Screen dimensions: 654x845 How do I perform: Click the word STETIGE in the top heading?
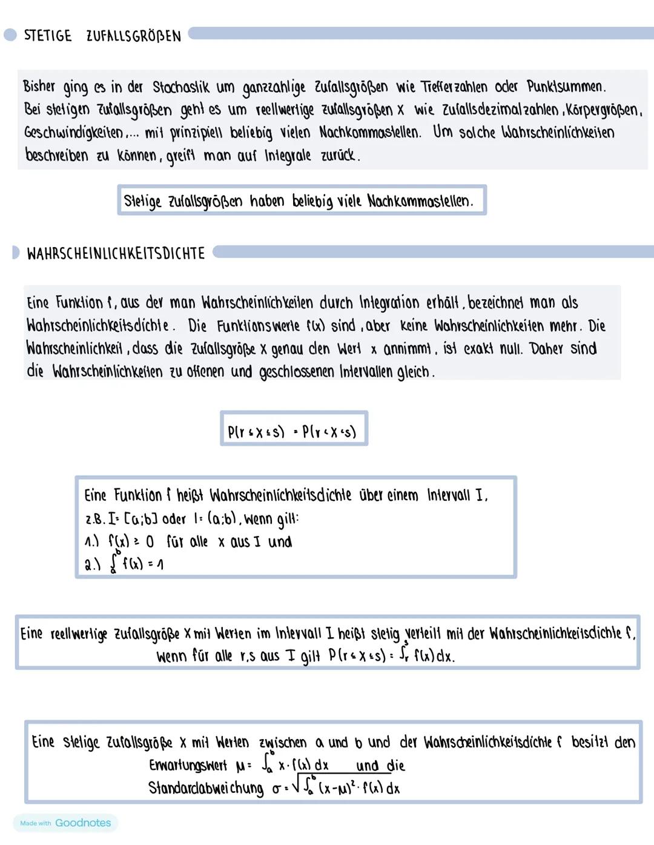(48, 36)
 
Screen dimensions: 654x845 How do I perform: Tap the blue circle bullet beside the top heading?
(10, 35)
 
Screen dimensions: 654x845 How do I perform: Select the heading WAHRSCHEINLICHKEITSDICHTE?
(116, 253)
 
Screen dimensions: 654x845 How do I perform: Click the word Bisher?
(39, 87)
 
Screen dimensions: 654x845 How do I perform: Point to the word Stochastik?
(181, 87)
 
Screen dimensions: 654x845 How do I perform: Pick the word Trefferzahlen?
(454, 87)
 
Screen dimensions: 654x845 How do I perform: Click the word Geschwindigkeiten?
(73, 133)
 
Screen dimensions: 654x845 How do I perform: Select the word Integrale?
(288, 156)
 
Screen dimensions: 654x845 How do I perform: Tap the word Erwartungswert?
(188, 766)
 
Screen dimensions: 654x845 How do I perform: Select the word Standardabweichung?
(206, 788)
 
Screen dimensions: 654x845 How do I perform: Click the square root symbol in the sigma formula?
(296, 787)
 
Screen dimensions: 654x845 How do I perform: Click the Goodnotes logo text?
(83, 823)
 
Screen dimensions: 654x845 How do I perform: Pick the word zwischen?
(283, 743)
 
